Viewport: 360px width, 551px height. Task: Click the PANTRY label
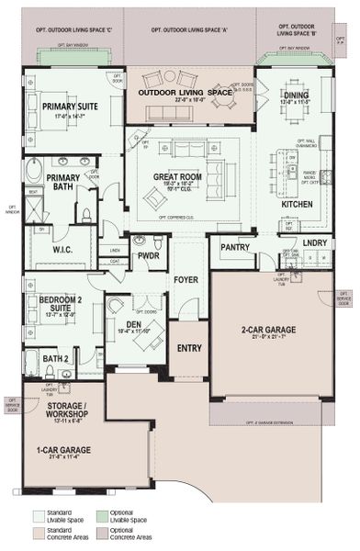(237, 245)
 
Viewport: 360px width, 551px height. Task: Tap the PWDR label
(147, 257)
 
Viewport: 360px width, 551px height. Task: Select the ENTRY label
(188, 348)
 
